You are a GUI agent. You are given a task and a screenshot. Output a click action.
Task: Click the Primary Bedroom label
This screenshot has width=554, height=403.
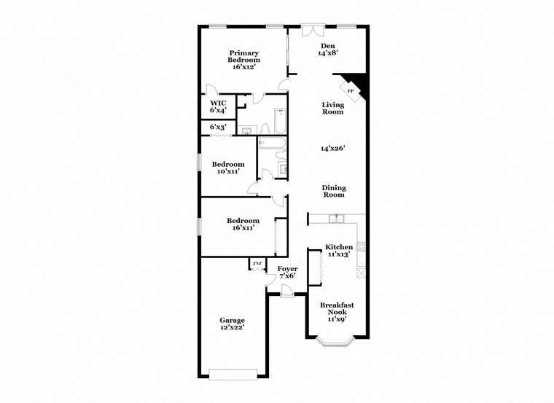point(243,60)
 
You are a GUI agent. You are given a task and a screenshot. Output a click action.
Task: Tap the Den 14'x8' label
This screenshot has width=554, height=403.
point(327,50)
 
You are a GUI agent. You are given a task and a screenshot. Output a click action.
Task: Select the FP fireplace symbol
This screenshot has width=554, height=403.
point(351,91)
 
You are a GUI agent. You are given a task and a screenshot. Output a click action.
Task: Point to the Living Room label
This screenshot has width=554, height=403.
point(333,109)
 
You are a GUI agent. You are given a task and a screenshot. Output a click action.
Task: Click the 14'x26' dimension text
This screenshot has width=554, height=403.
point(333,148)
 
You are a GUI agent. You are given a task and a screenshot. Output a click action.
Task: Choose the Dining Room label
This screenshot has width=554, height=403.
point(334,191)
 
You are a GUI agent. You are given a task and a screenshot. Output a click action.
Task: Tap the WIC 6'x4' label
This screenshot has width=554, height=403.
point(218,107)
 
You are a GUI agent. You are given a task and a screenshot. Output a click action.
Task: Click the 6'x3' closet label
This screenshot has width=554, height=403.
point(218,128)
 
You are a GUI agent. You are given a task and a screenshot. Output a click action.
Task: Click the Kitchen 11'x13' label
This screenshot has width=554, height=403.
point(339,251)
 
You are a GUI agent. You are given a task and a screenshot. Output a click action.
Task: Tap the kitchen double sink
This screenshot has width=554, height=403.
point(337,218)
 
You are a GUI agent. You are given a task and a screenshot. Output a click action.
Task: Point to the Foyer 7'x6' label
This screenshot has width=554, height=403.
point(287,273)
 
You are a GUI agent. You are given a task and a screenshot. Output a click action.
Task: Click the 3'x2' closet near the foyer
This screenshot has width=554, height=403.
point(257,264)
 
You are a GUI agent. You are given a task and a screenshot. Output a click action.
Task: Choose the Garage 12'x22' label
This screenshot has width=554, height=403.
point(233,324)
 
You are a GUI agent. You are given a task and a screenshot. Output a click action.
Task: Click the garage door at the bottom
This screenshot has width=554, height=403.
point(233,375)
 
